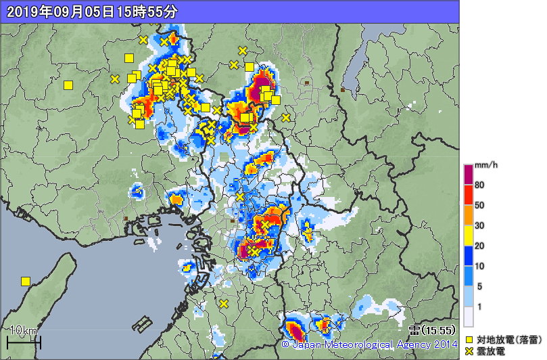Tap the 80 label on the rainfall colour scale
(479, 185)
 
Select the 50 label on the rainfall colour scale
(479, 205)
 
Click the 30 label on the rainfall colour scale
(479, 225)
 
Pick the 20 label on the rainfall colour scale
(479, 246)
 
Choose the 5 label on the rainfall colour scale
(477, 286)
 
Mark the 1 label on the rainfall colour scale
(477, 307)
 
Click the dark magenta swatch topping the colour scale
(468, 174)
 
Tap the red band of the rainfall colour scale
(468, 194)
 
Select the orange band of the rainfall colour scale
(468, 215)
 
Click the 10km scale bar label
(25, 330)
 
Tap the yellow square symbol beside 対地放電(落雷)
(469, 340)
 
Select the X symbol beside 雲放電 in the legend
(469, 351)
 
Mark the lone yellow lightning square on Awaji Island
(26, 281)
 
